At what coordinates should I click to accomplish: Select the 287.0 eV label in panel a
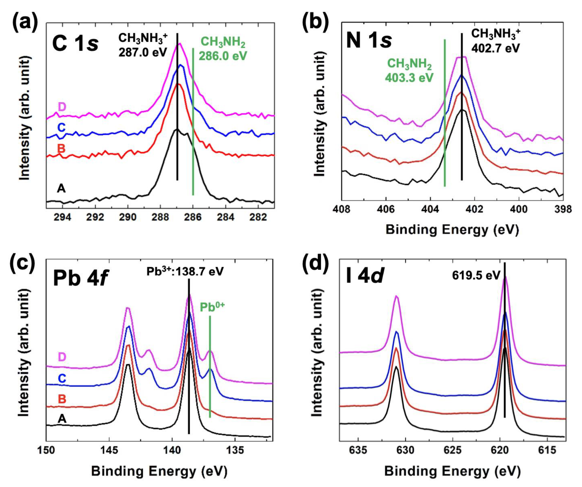click(143, 52)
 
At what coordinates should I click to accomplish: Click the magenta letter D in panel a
click(61, 107)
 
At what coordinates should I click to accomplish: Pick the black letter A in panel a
click(61, 189)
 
